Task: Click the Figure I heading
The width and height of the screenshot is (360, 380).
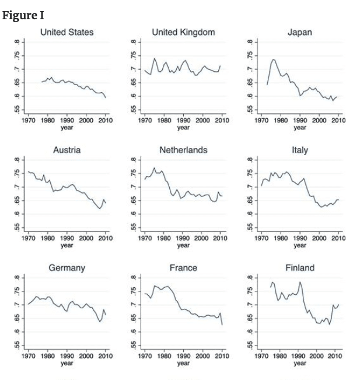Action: (23, 16)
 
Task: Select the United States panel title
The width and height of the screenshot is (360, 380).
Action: (67, 32)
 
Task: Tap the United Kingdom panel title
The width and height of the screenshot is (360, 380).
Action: (183, 32)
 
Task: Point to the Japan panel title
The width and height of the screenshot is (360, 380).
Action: (300, 33)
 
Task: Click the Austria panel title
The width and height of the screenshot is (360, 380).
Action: (67, 150)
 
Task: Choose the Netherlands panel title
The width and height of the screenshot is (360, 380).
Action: (183, 150)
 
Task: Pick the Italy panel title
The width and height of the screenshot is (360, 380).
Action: (300, 150)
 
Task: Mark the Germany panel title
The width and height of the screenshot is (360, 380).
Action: (67, 268)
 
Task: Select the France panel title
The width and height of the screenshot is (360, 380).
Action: (183, 268)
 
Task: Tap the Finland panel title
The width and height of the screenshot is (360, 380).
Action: (300, 268)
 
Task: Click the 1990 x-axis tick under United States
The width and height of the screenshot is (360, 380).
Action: (67, 121)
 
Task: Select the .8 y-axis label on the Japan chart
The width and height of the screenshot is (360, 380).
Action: (250, 42)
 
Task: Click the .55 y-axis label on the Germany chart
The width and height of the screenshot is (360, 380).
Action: (17, 345)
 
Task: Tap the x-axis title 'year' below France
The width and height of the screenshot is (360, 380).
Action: (183, 363)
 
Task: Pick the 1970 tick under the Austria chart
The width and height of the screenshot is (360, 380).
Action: (29, 238)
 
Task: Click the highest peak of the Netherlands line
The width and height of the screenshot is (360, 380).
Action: (154, 168)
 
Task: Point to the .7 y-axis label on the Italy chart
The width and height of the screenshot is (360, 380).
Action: (250, 187)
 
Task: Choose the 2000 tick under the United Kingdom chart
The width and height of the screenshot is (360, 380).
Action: (203, 121)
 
